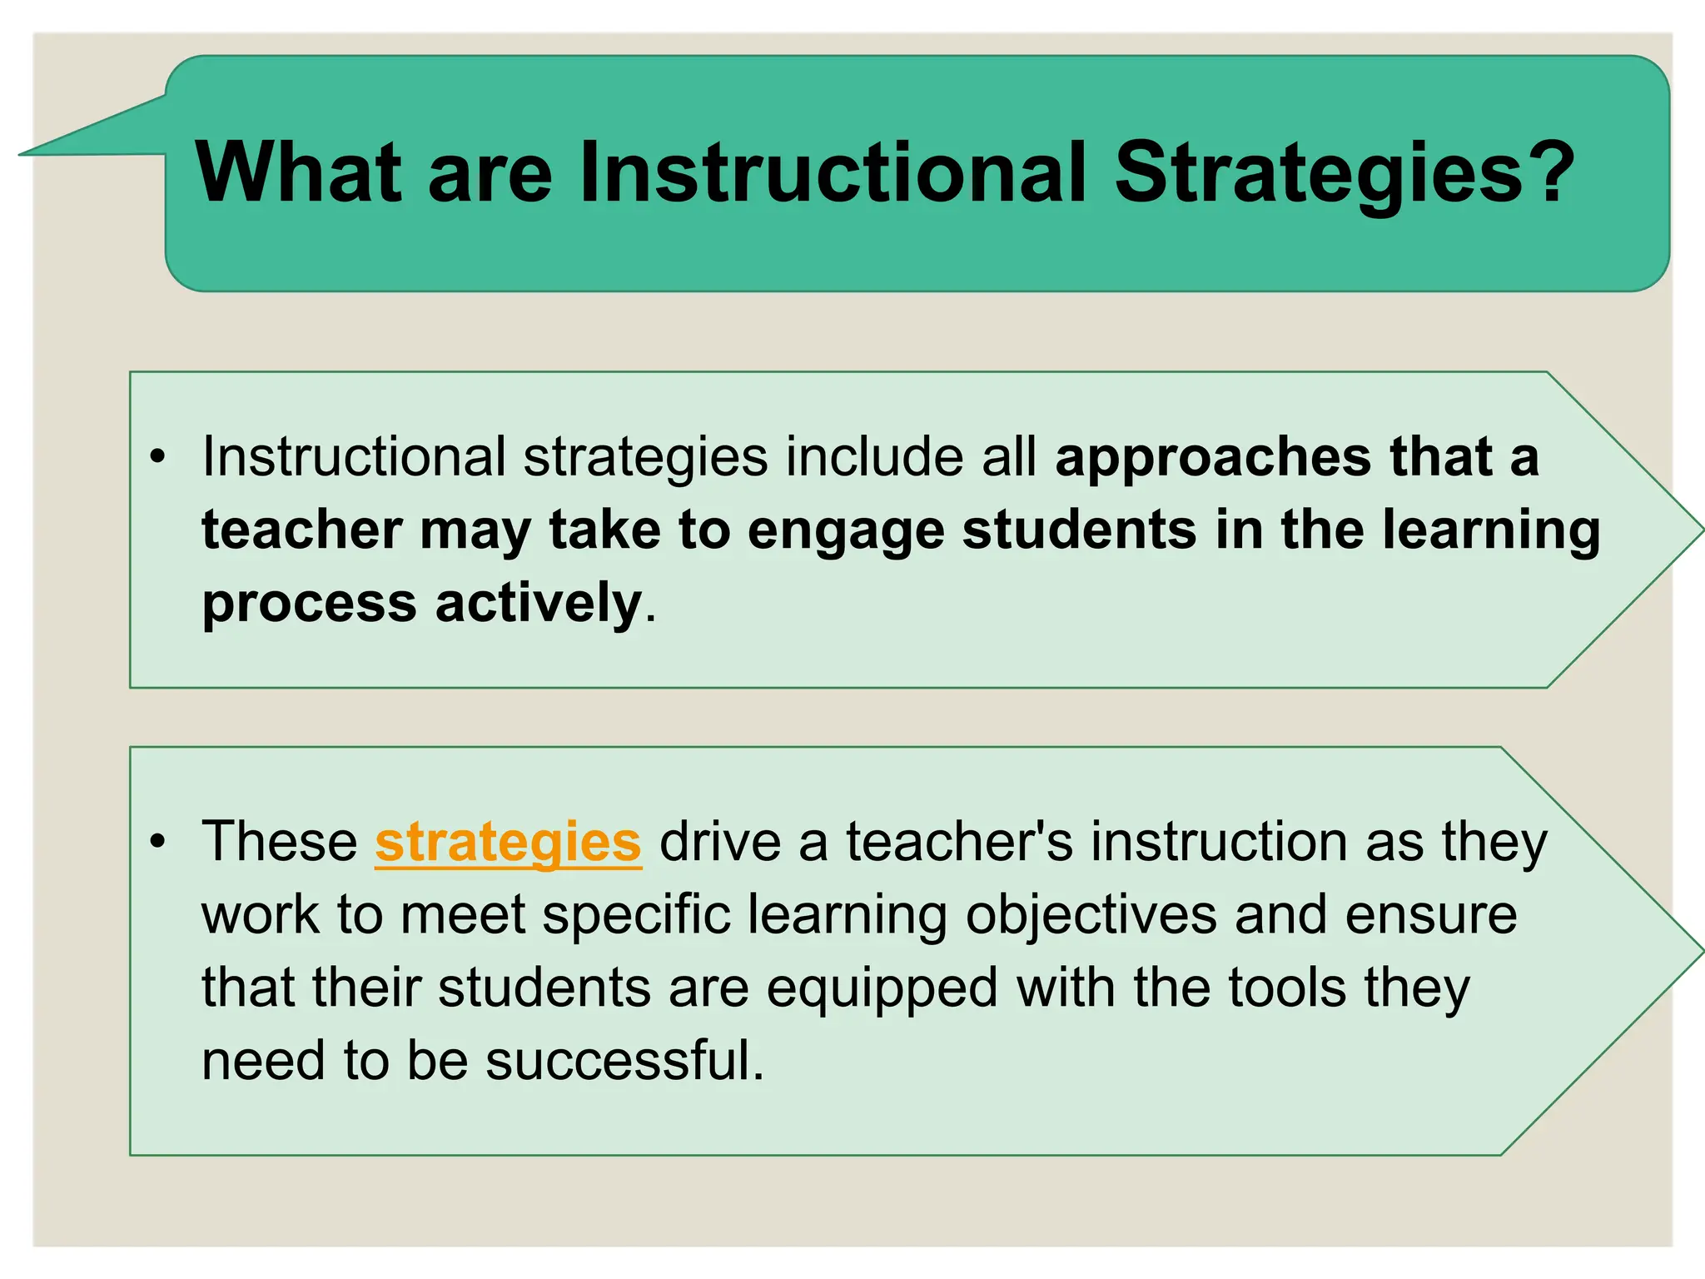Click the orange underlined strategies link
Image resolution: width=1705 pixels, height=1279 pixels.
508,842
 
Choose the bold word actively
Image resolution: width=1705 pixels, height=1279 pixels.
538,603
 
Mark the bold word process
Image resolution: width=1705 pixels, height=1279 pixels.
309,603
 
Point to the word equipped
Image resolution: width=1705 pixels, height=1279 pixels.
882,989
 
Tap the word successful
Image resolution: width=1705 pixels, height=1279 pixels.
624,1061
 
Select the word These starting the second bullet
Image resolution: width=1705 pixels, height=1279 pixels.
280,842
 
